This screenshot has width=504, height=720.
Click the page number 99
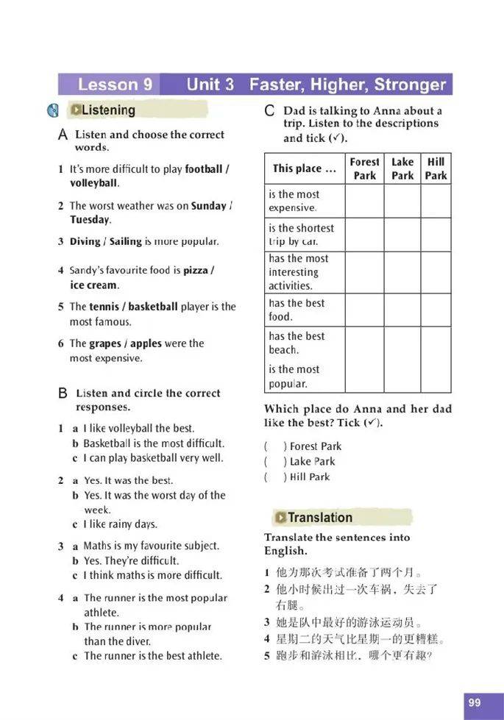tap(474, 702)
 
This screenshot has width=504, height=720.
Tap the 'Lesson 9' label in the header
tap(115, 84)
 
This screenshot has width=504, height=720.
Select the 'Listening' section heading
tap(108, 110)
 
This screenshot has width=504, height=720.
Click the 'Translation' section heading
tap(319, 517)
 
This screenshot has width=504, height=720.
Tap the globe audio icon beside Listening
tap(53, 111)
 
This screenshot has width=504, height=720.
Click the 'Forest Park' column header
tap(364, 168)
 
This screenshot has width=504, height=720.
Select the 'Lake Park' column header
tap(402, 168)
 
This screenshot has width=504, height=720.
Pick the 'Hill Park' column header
tap(436, 168)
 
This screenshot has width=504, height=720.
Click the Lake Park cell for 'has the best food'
tap(402, 310)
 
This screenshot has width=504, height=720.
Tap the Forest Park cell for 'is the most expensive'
tap(364, 201)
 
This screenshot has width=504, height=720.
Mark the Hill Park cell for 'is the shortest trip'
tap(436, 235)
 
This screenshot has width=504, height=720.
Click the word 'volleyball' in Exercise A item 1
tap(93, 183)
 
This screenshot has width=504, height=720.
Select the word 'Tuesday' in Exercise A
tap(90, 220)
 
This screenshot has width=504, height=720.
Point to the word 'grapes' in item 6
tap(105, 343)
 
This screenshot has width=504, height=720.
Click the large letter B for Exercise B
tap(63, 393)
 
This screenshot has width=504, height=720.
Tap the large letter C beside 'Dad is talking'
tap(269, 111)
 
